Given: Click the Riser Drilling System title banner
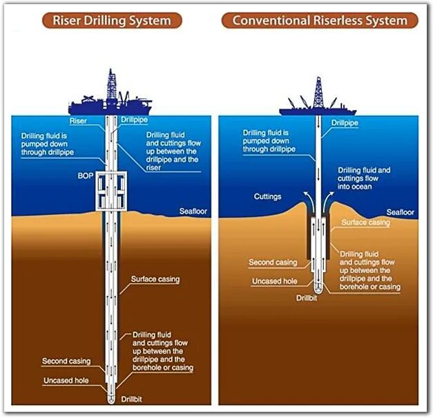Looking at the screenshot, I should tap(111, 20).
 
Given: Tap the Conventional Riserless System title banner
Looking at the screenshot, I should tap(320, 20).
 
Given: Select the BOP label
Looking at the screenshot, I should tap(86, 176).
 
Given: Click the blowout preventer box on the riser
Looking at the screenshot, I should tap(112, 191).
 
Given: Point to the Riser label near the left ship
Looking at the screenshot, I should tap(79, 120).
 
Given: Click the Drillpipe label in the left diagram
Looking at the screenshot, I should tap(134, 120).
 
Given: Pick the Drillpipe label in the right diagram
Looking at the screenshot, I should tap(345, 123).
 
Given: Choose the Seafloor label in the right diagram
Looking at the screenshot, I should tap(400, 212).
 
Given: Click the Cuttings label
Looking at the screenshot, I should tap(268, 196).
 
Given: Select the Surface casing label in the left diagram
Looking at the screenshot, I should tap(155, 280).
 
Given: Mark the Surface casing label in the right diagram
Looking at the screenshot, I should tap(366, 222).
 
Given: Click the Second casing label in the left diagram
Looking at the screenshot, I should tap(66, 361).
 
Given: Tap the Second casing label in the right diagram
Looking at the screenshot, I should tap(273, 263).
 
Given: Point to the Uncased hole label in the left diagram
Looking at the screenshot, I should tap(66, 381).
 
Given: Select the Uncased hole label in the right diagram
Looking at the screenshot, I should tap(275, 281).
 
